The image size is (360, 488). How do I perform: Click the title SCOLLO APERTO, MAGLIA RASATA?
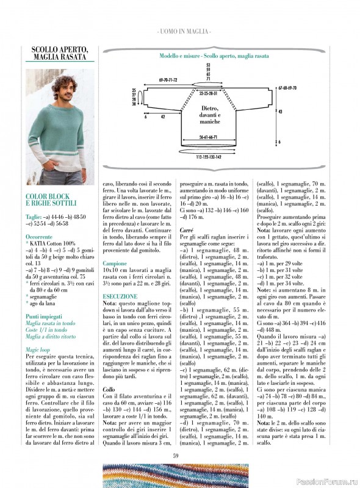point(60,53)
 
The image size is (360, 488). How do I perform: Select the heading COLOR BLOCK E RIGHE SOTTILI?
point(51,201)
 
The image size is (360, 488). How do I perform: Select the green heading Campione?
point(115,246)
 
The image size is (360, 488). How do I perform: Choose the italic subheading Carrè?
point(186,229)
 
